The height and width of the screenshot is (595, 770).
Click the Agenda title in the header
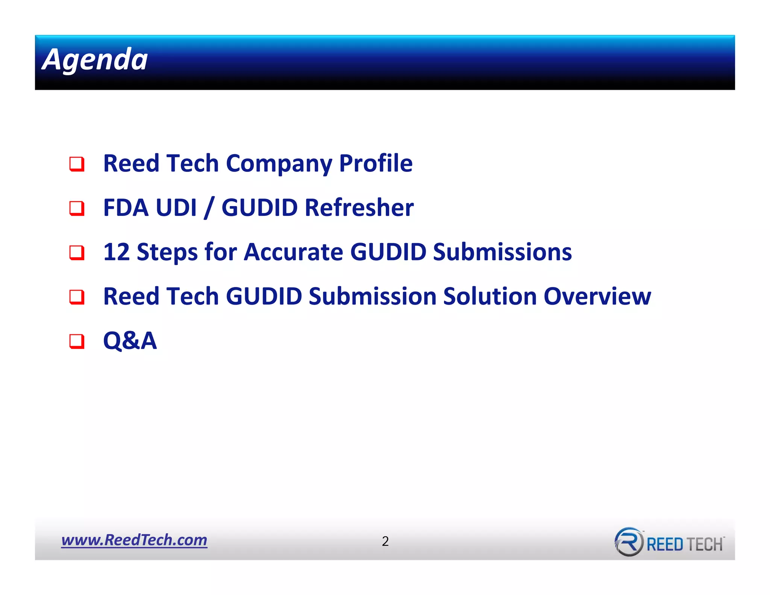95,59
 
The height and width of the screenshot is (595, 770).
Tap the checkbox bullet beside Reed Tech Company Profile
77,164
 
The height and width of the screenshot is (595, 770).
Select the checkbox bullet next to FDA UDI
77,208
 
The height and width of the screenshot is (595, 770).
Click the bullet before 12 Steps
77,252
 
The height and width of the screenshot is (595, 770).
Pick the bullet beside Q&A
77,341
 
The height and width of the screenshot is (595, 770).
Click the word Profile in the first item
376,164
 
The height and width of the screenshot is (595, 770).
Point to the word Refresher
359,208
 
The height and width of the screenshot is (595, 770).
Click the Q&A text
130,341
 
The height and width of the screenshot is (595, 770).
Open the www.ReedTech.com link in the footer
134,540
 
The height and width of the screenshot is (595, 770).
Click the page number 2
385,541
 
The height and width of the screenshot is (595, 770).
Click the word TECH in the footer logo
705,544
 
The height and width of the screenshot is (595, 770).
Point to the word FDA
126,208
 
